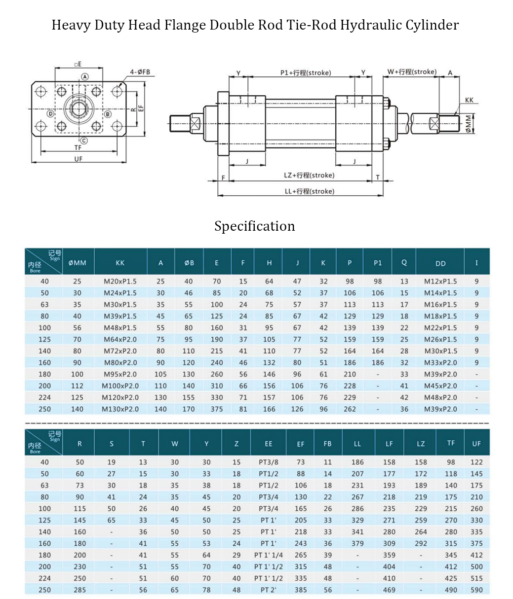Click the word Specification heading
click(254, 226)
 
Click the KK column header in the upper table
click(120, 263)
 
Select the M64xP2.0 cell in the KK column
click(120, 339)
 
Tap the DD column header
click(440, 263)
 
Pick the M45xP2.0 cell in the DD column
click(440, 386)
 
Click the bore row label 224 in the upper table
click(44, 397)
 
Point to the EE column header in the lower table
click(268, 444)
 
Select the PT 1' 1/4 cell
click(268, 555)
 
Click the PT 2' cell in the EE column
click(268, 590)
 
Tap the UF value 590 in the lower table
click(476, 590)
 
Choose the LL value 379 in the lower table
click(357, 543)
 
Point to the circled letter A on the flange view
click(85, 77)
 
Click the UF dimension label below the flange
click(78, 159)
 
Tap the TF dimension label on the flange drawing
click(78, 148)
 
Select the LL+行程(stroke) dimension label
click(309, 191)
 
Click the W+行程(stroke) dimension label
click(412, 72)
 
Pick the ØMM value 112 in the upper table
click(78, 386)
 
